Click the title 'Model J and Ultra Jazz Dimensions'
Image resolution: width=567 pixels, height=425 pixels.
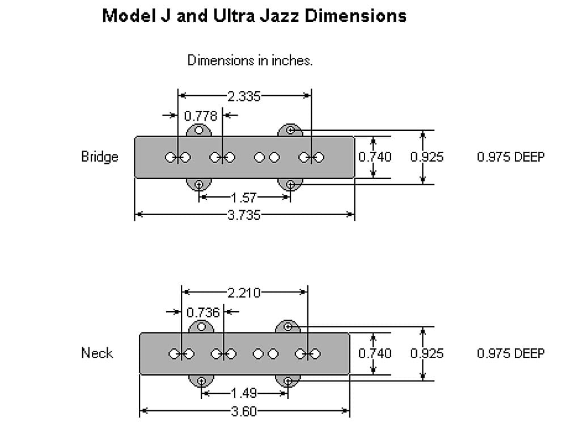click(254, 15)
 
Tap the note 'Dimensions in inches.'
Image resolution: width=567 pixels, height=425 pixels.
click(250, 60)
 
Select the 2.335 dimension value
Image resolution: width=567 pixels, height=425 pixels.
click(244, 96)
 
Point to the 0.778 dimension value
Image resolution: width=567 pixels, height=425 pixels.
click(201, 116)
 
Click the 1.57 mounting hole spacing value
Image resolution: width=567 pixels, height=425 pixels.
click(244, 198)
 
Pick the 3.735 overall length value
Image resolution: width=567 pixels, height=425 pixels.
click(244, 215)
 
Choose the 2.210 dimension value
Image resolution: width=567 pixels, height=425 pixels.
click(244, 293)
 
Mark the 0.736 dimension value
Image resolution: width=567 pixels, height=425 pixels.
click(202, 312)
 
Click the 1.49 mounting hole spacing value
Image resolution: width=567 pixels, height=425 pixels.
click(244, 393)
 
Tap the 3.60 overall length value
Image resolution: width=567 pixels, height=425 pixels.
click(244, 411)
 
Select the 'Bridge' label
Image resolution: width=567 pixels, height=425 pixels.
click(100, 157)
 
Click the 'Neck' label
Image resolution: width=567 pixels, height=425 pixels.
click(97, 353)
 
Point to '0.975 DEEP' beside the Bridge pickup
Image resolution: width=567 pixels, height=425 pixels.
click(510, 157)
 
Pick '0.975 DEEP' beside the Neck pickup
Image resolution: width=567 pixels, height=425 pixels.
click(510, 353)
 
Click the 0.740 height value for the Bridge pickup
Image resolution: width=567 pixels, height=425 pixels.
click(375, 157)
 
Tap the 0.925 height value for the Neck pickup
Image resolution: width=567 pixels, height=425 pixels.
click(427, 353)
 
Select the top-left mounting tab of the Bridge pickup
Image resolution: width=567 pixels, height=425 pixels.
click(199, 130)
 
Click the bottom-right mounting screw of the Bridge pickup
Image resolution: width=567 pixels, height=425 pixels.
click(290, 184)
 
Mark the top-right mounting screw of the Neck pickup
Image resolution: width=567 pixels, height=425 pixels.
click(288, 326)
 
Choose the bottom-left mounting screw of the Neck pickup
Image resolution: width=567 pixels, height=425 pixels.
click(201, 380)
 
